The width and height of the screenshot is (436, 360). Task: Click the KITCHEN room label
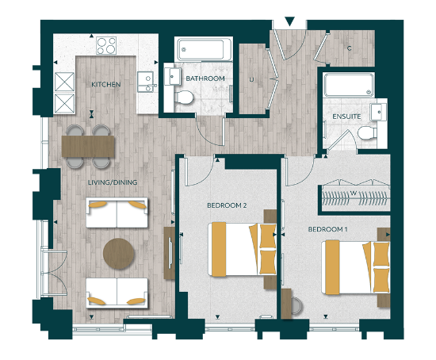click(x=105, y=83)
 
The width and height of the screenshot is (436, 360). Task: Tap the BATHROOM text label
click(x=205, y=79)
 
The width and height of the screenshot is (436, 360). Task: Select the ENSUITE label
click(x=347, y=117)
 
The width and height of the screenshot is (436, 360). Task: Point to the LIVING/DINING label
click(x=113, y=182)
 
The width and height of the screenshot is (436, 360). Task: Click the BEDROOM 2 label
click(x=227, y=205)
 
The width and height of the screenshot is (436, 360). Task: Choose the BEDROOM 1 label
click(x=327, y=229)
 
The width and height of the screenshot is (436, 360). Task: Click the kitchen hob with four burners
click(x=107, y=46)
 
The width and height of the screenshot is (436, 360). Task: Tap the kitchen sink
click(x=145, y=82)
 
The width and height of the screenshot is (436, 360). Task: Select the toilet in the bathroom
click(x=184, y=97)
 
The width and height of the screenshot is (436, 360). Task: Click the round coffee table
click(x=119, y=253)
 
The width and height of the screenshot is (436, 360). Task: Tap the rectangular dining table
click(x=87, y=145)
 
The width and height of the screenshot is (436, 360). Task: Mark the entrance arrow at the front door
click(x=289, y=21)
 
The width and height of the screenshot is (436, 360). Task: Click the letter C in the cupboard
click(x=348, y=48)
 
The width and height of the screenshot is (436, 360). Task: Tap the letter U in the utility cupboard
click(x=251, y=79)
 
